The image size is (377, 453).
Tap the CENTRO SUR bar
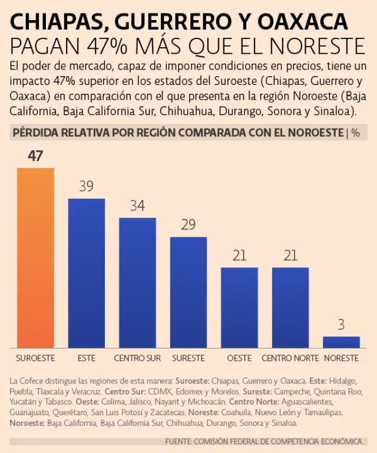coord(137,283)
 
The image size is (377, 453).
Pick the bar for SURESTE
coord(188,293)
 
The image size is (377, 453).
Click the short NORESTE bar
coord(341,342)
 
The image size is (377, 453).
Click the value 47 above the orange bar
coord(35,156)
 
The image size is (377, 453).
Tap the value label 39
coord(87,186)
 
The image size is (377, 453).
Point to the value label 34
coord(137,206)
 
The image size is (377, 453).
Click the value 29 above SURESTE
coord(188,225)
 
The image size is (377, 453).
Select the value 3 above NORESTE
coord(341,324)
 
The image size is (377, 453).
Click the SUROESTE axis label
coord(35,358)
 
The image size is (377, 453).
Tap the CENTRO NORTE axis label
coord(290,358)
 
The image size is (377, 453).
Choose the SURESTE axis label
coord(188,358)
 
